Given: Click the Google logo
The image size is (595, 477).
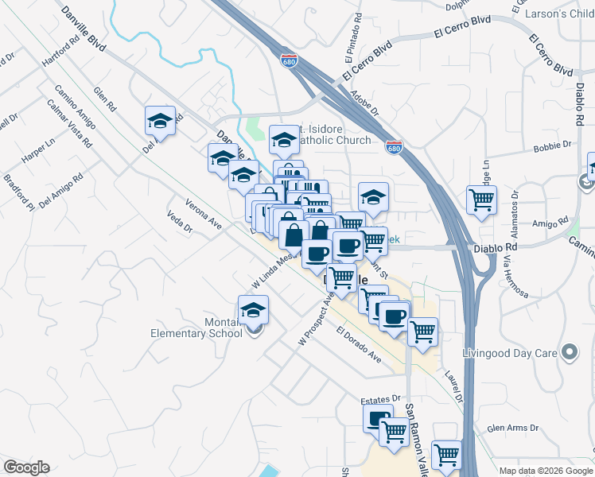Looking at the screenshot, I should click(x=26, y=467).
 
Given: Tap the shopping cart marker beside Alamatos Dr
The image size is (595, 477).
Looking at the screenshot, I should click(x=481, y=200).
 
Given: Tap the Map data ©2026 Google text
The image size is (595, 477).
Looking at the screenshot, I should click(x=545, y=471).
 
